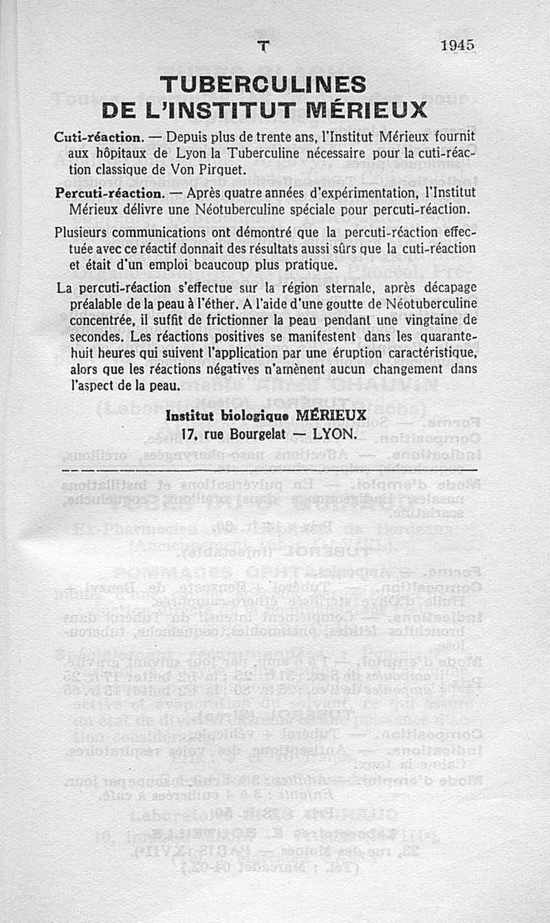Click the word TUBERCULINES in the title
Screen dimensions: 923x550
click(263, 85)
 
